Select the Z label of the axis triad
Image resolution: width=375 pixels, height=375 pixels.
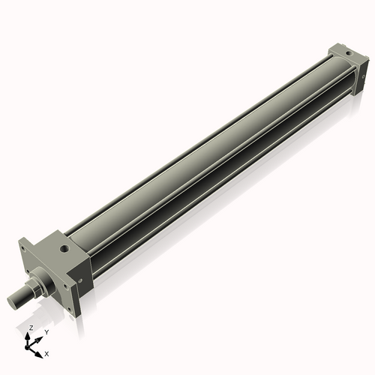tap(30, 328)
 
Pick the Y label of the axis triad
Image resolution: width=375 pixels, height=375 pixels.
tap(46, 331)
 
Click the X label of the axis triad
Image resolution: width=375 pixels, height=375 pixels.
tap(47, 352)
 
